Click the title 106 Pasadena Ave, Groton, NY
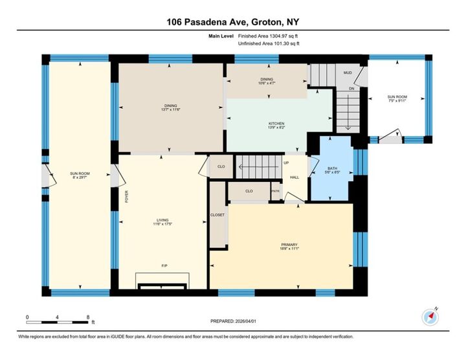(x=232, y=21)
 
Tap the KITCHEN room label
(x=276, y=124)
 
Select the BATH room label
(x=331, y=168)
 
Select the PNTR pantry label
(x=274, y=192)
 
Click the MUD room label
(x=347, y=73)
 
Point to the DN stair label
(x=351, y=88)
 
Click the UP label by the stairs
(x=285, y=163)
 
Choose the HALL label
(x=294, y=177)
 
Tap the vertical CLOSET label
(x=217, y=215)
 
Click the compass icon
(x=430, y=317)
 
